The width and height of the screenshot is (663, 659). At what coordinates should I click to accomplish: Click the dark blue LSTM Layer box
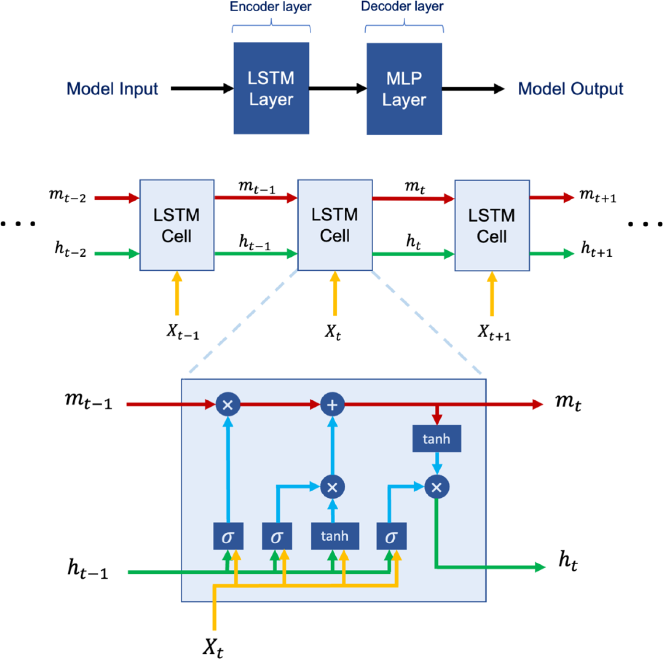click(x=271, y=88)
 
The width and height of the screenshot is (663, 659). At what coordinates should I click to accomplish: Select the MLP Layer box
click(x=404, y=89)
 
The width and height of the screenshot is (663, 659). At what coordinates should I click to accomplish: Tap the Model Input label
click(x=112, y=89)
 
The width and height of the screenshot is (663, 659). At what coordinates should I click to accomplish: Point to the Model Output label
click(x=570, y=89)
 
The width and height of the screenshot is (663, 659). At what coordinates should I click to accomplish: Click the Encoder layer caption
click(x=271, y=7)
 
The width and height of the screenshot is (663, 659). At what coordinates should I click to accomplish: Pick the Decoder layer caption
click(x=402, y=6)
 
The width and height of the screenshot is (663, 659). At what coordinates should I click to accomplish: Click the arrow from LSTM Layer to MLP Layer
click(x=338, y=89)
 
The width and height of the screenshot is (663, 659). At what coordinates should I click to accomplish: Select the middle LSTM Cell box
click(x=335, y=225)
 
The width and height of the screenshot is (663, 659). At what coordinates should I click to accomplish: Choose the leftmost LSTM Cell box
click(x=177, y=225)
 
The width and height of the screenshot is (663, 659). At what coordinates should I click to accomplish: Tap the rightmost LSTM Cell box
click(x=492, y=225)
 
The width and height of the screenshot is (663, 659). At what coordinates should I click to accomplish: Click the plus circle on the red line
click(x=332, y=404)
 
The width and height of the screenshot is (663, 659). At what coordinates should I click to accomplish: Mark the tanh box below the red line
click(x=436, y=438)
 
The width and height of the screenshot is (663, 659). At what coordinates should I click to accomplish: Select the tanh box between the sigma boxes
click(x=335, y=536)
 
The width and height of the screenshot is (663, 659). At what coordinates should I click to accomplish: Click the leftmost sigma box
click(x=228, y=536)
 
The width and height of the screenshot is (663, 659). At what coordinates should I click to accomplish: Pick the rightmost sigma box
click(x=391, y=536)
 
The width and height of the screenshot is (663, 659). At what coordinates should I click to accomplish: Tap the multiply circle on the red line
click(x=228, y=404)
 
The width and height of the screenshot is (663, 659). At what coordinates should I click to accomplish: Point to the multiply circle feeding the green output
click(x=436, y=487)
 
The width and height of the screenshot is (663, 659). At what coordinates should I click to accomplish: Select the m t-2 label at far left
click(x=68, y=196)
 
